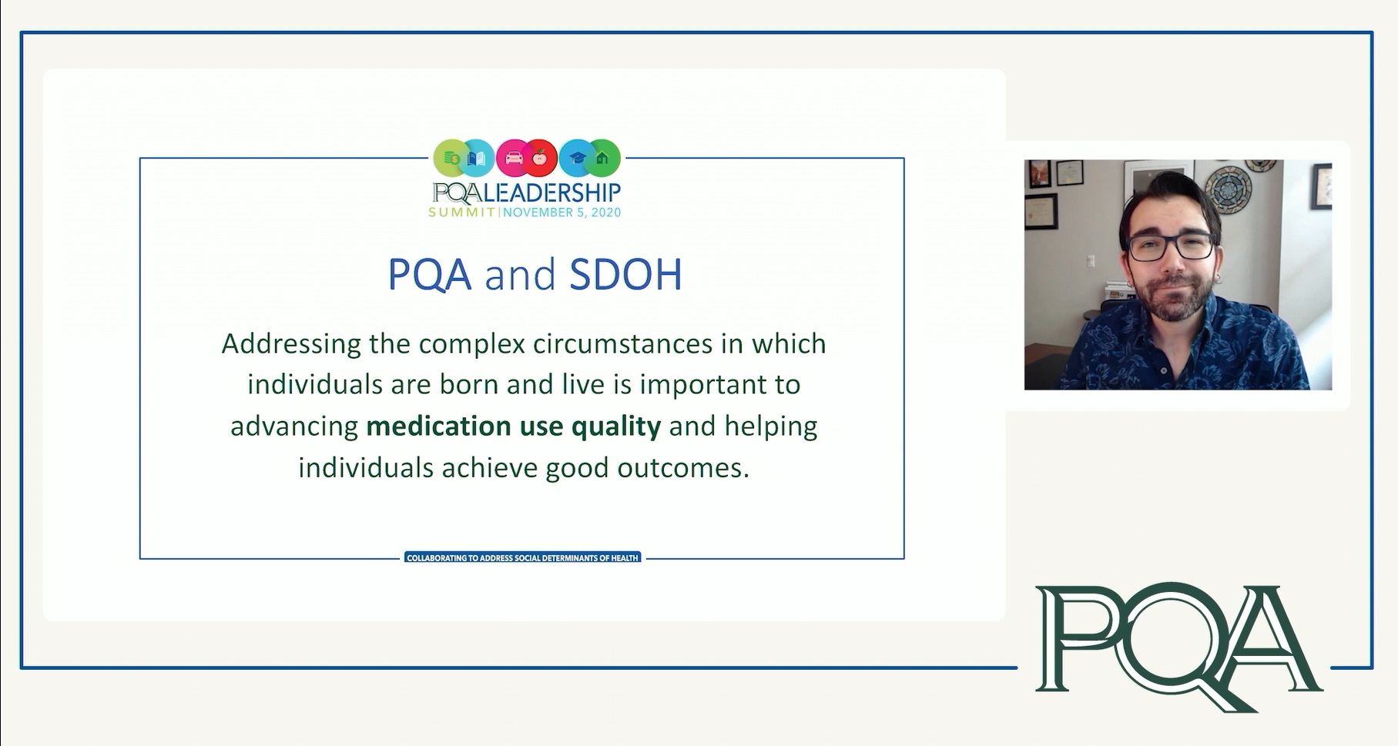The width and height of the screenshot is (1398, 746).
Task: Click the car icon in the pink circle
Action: click(514, 158)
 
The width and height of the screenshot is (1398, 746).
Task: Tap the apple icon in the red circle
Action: click(540, 158)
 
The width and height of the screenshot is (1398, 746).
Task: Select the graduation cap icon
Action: click(577, 158)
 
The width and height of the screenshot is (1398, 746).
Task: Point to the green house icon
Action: click(602, 159)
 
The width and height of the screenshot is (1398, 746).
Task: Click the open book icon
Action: click(477, 159)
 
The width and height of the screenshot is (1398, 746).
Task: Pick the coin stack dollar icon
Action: click(451, 158)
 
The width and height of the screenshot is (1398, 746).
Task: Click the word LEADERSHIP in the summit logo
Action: click(552, 192)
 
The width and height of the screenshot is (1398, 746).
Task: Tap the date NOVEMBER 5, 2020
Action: click(562, 212)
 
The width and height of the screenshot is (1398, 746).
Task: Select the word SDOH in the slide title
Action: click(625, 274)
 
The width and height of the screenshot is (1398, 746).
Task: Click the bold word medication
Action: click(438, 426)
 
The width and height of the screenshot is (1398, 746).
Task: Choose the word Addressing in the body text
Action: click(291, 344)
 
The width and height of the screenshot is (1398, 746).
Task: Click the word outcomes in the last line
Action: click(683, 468)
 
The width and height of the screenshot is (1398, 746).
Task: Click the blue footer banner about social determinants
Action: click(523, 557)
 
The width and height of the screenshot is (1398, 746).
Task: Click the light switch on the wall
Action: click(1091, 262)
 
